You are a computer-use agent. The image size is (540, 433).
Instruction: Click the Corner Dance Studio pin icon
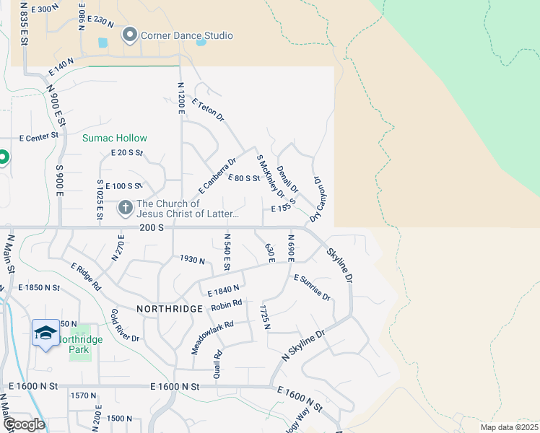[130, 35]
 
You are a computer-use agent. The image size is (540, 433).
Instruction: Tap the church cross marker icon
[125, 208]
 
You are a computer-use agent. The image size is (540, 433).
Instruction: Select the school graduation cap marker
[45, 333]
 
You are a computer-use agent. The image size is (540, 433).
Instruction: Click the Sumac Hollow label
[114, 138]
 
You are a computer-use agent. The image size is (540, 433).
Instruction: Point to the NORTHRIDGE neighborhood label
[170, 308]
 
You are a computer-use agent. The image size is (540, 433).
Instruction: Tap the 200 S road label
[153, 227]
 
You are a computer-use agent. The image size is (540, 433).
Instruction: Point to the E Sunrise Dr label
[312, 287]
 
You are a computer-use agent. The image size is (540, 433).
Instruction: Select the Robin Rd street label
[226, 306]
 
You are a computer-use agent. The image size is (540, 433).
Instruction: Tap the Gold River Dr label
[124, 325]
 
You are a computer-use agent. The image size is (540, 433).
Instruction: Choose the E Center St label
[38, 137]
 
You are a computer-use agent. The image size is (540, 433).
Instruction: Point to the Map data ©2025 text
[508, 427]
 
